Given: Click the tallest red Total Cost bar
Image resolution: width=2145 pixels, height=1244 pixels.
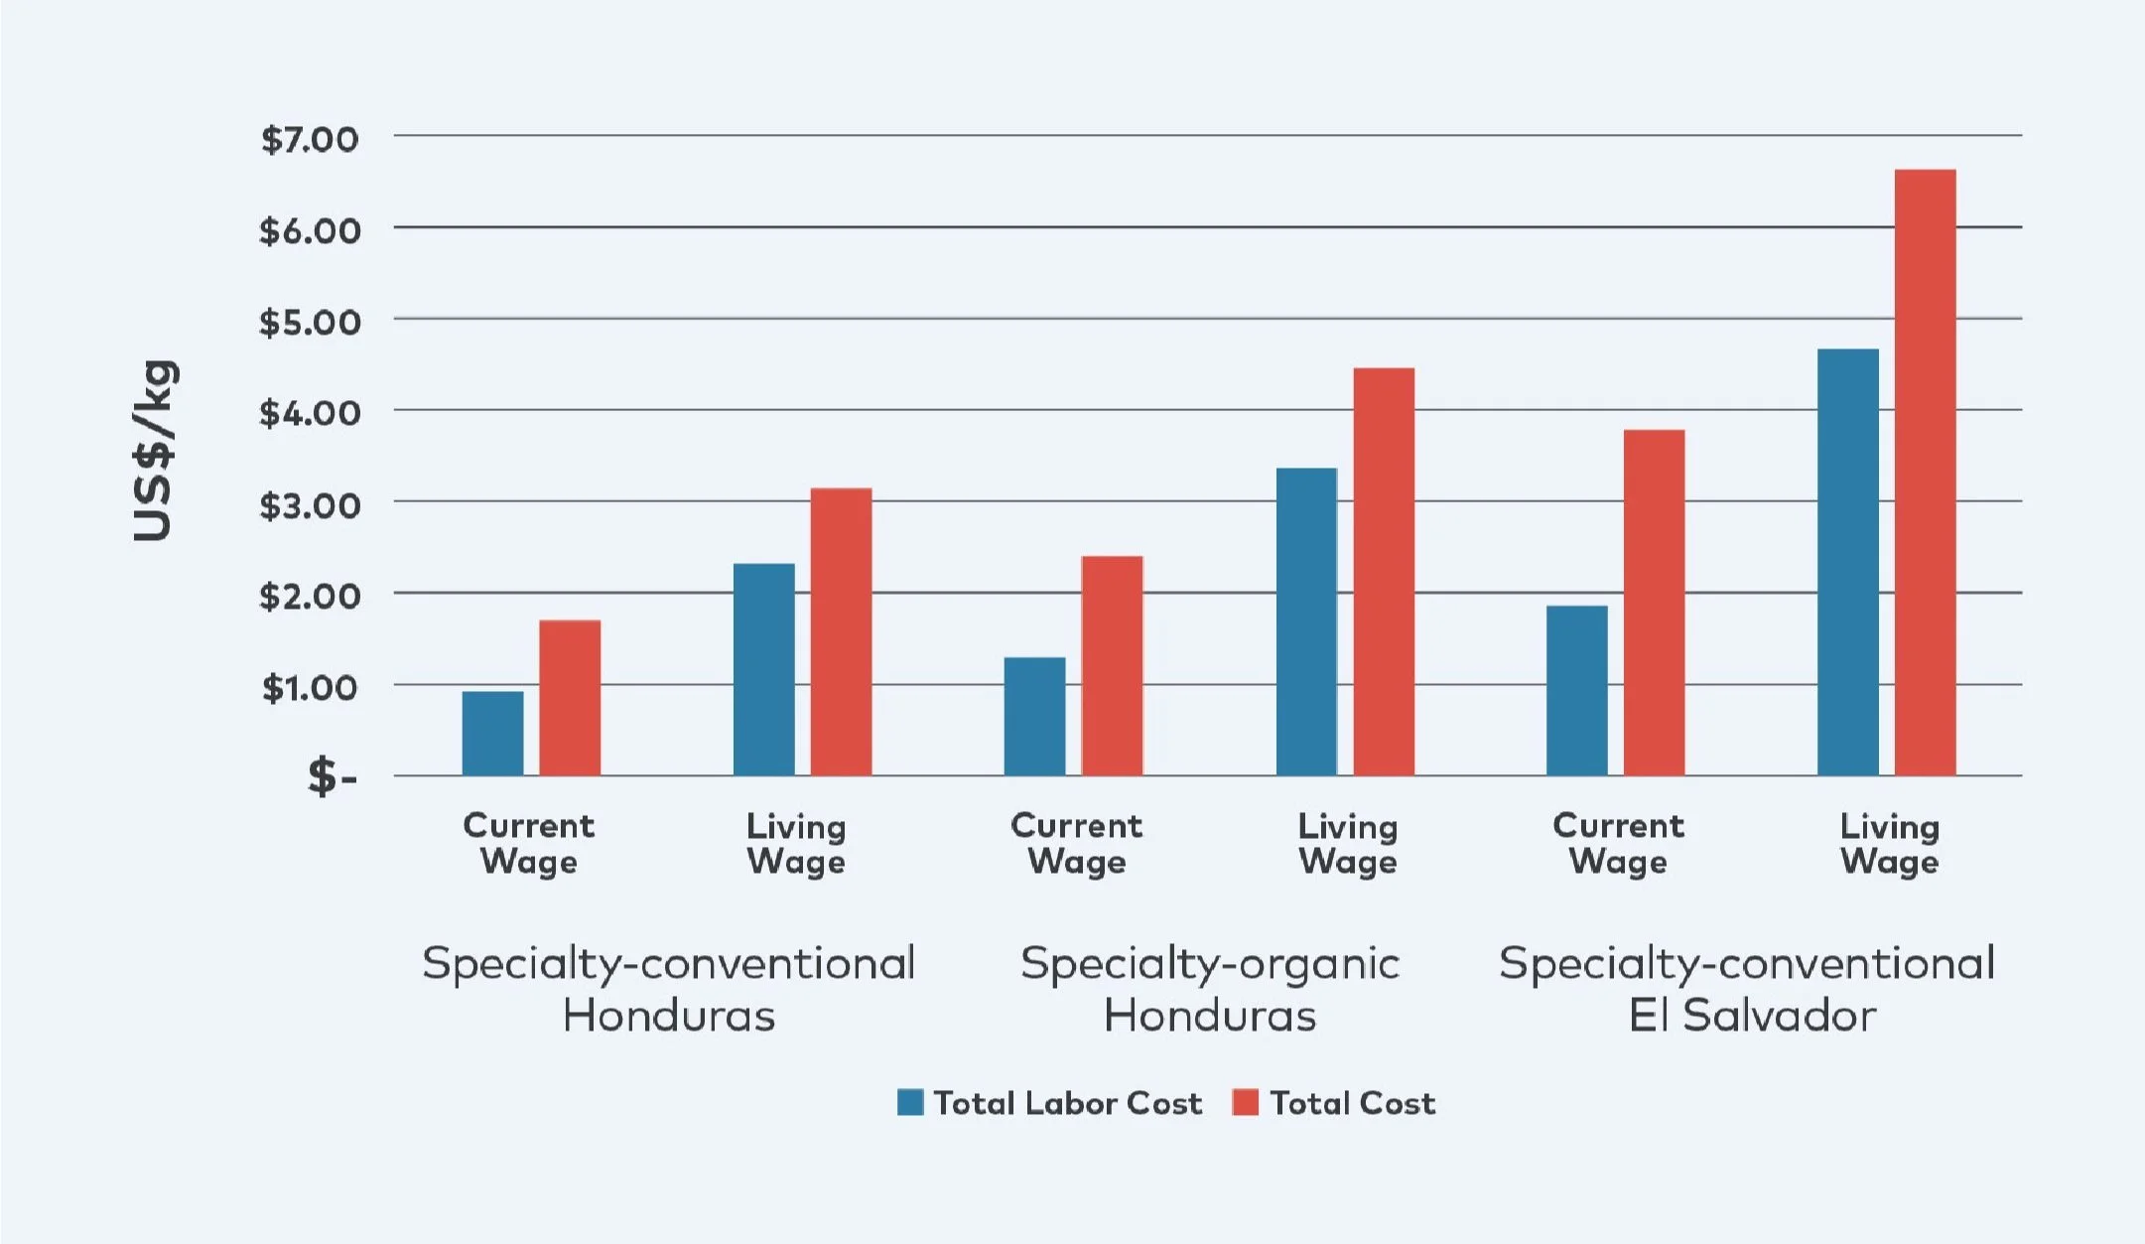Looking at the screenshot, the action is pos(1925,473).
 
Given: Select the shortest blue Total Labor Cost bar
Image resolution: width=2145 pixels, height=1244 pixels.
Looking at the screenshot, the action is pos(492,734).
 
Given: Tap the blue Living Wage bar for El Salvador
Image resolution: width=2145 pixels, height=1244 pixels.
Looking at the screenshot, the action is pos(1847,562).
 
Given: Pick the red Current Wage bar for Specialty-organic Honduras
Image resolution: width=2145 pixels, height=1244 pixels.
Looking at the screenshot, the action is pos(1112,666).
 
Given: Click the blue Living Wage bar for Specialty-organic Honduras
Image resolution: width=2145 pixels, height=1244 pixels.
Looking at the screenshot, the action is pos(1306,622).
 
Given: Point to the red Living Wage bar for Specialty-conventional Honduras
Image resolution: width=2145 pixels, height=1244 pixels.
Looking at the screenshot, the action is pos(841,631).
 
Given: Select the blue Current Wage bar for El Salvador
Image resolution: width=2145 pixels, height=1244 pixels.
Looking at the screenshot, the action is pos(1576,691).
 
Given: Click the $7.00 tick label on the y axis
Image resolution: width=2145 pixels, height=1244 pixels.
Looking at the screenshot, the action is pos(309,139).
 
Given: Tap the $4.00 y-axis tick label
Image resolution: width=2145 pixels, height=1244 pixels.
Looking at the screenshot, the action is pos(309,413).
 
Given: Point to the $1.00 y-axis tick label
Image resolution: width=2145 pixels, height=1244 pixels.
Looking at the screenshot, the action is pos(310,687).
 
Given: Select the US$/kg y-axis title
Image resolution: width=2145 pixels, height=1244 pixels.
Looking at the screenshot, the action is pos(155,451).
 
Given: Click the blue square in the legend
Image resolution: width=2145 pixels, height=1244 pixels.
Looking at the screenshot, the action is pos(910,1102).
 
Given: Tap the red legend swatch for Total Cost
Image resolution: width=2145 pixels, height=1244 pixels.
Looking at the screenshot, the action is pos(1245,1102).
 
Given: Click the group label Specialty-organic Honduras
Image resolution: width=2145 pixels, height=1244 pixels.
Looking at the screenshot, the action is pos(1210,989).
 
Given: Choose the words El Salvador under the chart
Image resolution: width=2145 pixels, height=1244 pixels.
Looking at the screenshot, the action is pos(1752,1016).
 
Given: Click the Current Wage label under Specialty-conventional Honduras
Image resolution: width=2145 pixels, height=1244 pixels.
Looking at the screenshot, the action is pos(529,844).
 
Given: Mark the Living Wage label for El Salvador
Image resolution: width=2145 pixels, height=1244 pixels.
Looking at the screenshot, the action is pos(1889,844).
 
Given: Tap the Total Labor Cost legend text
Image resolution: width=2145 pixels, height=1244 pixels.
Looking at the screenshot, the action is pos(1068,1103).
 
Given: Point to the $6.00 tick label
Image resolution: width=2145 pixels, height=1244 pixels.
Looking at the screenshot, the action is pos(309,231).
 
